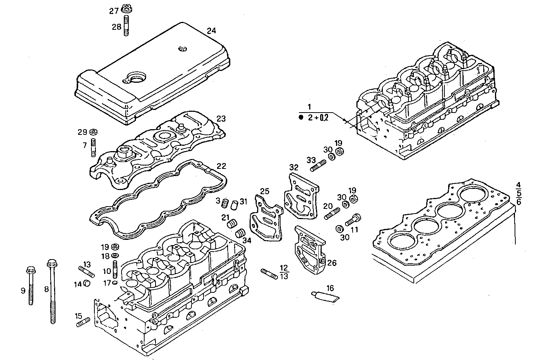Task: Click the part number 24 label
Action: [211, 31]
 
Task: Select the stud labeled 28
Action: [126, 25]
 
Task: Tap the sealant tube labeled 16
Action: [325, 296]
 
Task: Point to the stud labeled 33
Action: [318, 165]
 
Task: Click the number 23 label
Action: [221, 119]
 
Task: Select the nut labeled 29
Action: [94, 132]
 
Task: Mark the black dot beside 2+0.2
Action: [301, 118]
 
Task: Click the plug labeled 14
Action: [86, 283]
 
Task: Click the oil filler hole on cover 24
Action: [136, 78]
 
